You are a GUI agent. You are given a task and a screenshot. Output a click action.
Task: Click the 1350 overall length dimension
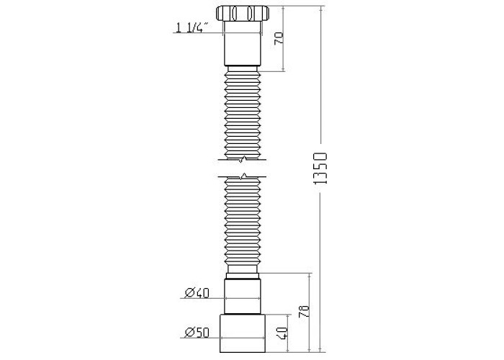click(320, 168)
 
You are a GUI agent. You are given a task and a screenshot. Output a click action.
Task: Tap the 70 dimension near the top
click(279, 39)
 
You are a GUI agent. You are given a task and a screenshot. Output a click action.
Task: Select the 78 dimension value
click(304, 312)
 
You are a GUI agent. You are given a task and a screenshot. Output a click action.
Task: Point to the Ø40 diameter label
click(197, 293)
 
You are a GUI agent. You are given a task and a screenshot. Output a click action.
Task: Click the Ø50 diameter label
click(197, 333)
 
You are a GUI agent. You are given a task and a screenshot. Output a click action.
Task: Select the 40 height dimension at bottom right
click(282, 333)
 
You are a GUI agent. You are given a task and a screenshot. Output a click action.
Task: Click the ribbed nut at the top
click(243, 14)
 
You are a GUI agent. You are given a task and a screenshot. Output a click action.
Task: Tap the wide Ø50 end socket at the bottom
click(243, 333)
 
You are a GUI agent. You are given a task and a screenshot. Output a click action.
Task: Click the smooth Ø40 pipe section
click(243, 297)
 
